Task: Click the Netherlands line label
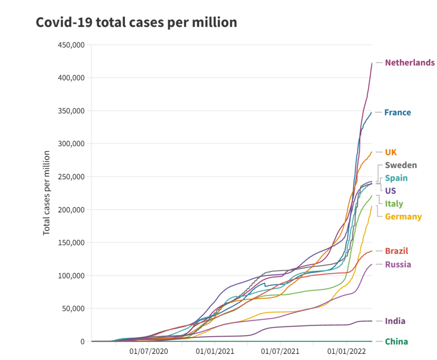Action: click(x=409, y=62)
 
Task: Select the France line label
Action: click(x=397, y=113)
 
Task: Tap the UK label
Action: click(x=391, y=152)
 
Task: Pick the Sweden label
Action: click(x=401, y=165)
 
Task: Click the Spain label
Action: click(x=396, y=178)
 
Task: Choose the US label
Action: click(x=390, y=190)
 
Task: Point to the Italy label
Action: click(x=394, y=203)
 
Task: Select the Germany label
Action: click(x=403, y=216)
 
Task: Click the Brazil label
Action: click(x=396, y=251)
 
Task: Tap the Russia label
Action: click(x=398, y=264)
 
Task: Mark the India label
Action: click(x=395, y=321)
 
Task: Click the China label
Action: click(x=396, y=341)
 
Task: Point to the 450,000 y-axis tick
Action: click(x=70, y=45)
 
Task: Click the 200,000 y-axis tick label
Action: click(x=70, y=210)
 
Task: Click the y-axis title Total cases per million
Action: click(x=47, y=193)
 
